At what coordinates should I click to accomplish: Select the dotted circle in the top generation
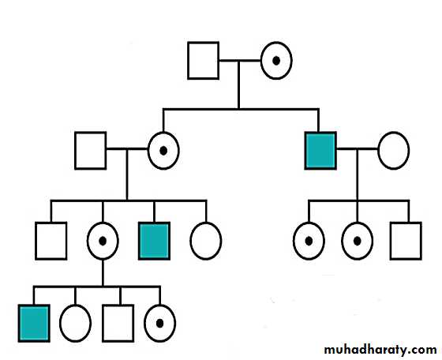[276, 42]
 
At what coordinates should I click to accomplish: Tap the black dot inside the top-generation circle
[276, 61]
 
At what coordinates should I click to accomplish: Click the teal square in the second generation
[320, 151]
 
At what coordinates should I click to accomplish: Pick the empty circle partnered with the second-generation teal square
[394, 132]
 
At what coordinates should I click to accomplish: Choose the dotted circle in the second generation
[163, 132]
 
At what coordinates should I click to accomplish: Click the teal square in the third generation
[154, 241]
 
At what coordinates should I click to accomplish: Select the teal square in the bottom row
[34, 323]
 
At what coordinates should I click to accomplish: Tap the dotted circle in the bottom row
[159, 305]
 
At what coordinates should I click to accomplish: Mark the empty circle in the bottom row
[75, 305]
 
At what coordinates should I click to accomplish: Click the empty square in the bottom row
[118, 323]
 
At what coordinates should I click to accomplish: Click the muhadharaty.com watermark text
[380, 350]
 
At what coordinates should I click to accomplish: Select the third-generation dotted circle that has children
[103, 222]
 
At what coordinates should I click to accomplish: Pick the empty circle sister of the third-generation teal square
[206, 222]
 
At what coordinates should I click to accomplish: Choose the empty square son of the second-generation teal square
[406, 241]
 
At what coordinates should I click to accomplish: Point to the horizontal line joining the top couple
[240, 60]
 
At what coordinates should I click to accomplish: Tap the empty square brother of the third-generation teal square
[51, 241]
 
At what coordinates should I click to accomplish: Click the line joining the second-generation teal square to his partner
[357, 149]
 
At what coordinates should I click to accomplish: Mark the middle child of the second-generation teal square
[357, 222]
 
